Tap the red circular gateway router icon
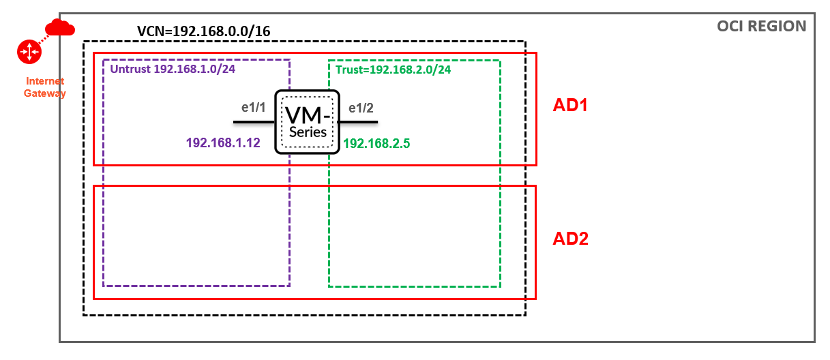30,50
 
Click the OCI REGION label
761,27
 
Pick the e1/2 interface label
361,107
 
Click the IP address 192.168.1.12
223,143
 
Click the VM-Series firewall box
307,121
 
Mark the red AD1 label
570,106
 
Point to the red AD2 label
570,239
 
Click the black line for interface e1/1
254,122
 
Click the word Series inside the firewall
308,132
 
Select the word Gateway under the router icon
46,93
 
